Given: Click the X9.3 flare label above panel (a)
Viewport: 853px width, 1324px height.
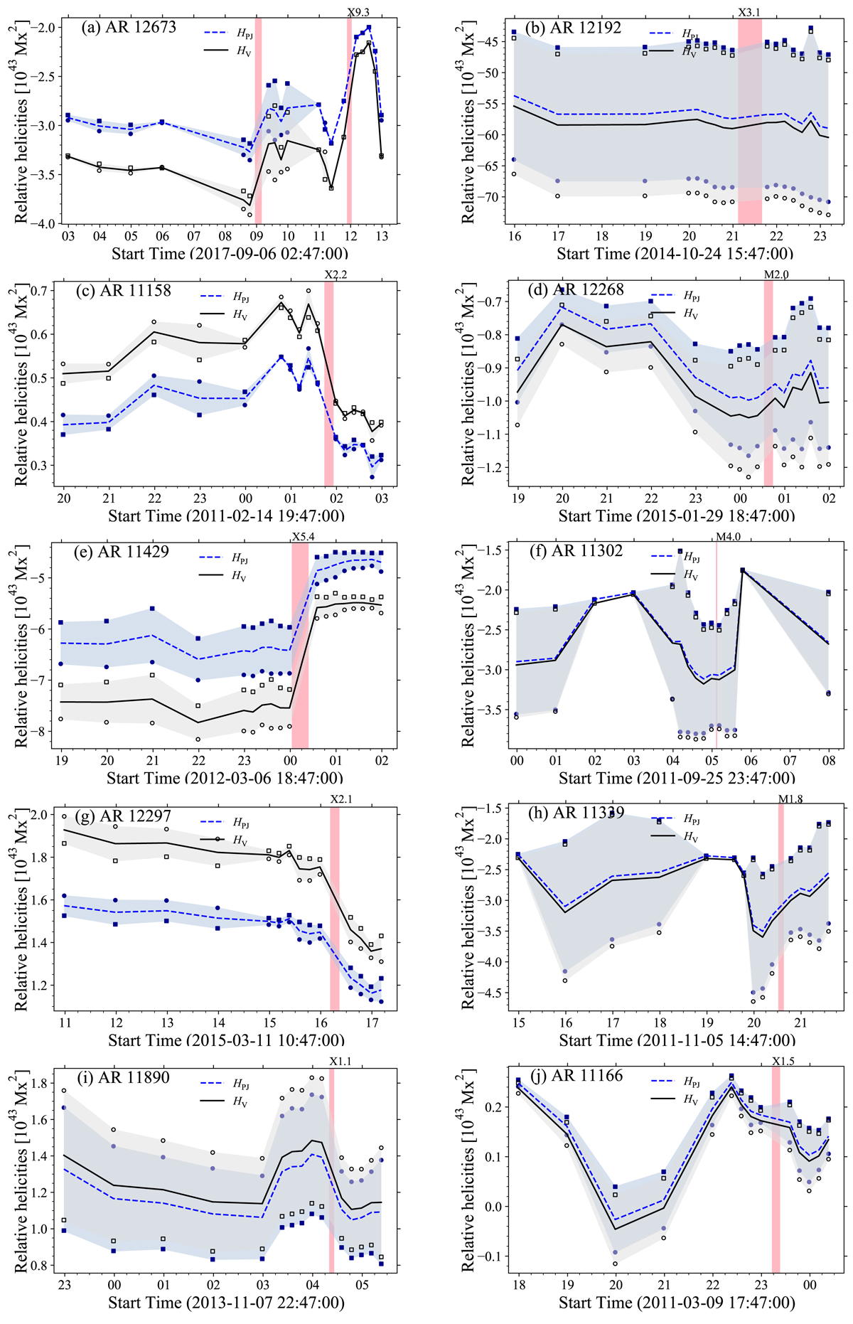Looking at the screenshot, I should [358, 12].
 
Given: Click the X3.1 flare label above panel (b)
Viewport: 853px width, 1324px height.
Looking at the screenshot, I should [749, 12].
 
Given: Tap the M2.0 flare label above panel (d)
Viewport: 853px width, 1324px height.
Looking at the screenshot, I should [776, 275].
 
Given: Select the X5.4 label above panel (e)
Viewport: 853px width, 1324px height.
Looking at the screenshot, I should [303, 537].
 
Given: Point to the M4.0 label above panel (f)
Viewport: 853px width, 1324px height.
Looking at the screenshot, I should [728, 537].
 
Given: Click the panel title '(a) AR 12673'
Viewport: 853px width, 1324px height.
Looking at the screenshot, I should [129, 28].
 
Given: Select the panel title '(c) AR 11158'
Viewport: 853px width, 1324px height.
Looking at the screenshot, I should [125, 290].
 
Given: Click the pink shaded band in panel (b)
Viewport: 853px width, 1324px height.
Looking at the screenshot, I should [749, 121].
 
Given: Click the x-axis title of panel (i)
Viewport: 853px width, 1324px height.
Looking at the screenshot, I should [226, 1303].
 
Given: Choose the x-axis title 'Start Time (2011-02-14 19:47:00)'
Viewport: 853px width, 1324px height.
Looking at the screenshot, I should [226, 516].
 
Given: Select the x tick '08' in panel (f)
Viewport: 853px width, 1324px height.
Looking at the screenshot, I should [828, 761].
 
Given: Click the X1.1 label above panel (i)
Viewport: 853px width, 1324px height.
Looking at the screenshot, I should [340, 1062].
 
